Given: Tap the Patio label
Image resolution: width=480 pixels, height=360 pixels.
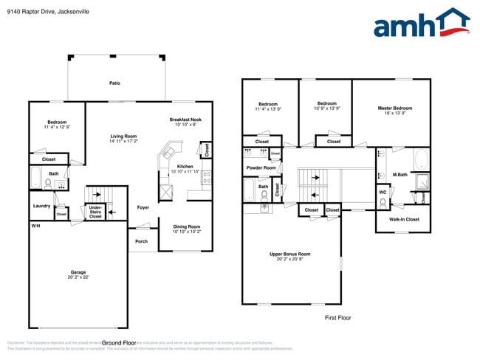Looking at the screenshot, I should pyautogui.click(x=114, y=83).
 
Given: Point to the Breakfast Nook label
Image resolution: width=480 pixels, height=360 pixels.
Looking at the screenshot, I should pyautogui.click(x=185, y=120).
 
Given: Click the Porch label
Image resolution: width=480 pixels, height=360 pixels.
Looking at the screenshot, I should pyautogui.click(x=141, y=241).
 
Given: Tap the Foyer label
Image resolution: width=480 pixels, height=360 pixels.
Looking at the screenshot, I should pyautogui.click(x=143, y=207).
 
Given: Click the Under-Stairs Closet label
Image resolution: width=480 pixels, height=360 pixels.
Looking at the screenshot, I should pyautogui.click(x=95, y=212).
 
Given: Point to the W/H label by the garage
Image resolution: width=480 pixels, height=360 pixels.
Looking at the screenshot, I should pyautogui.click(x=35, y=225).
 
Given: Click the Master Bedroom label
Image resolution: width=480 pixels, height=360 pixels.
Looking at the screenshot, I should pyautogui.click(x=390, y=108).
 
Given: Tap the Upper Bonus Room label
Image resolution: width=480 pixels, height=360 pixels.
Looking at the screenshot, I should pyautogui.click(x=289, y=254).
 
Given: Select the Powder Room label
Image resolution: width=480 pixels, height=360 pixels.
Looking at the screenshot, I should pyautogui.click(x=261, y=168).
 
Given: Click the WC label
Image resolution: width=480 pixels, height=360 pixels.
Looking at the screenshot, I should pyautogui.click(x=383, y=193).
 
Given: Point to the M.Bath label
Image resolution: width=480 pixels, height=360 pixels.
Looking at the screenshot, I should pyautogui.click(x=400, y=175).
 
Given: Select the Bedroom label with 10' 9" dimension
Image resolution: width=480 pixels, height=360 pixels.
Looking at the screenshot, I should pyautogui.click(x=327, y=104).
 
